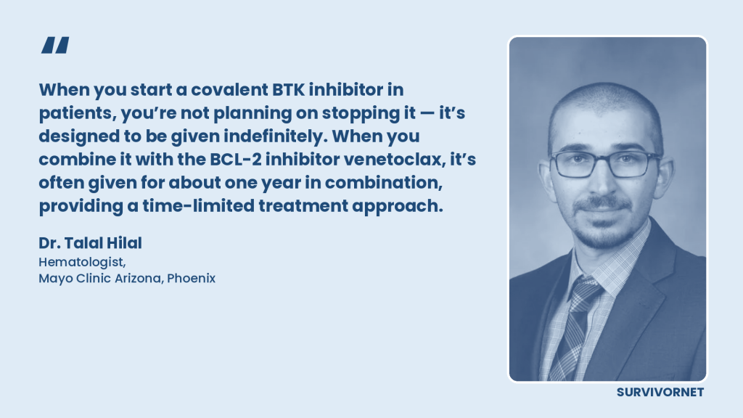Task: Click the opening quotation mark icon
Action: [x=55, y=45]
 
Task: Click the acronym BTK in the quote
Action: [x=288, y=89]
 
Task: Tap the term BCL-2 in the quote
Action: [x=236, y=159]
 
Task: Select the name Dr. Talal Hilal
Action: [x=90, y=243]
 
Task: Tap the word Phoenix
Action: [x=191, y=278]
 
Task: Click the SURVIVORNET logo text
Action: [x=660, y=393]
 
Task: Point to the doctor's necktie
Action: [x=575, y=328]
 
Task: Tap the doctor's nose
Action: [x=603, y=182]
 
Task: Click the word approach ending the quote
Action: [x=397, y=206]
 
